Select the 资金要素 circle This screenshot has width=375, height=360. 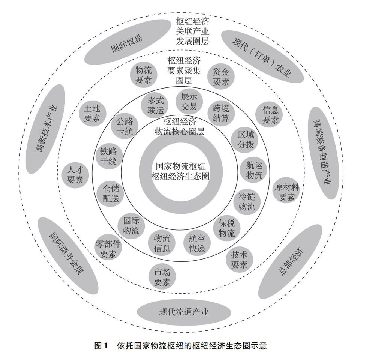(x=221, y=76)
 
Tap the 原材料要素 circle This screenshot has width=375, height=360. (x=287, y=192)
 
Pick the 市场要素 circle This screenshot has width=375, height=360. (x=161, y=276)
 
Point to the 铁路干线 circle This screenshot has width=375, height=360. (x=108, y=156)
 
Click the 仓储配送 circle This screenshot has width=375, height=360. (x=110, y=193)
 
